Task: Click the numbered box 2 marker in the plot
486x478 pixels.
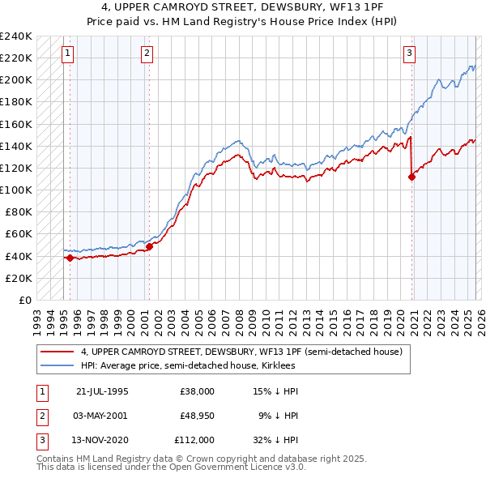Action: pyautogui.click(x=147, y=53)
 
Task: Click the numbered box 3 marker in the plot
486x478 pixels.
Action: pyautogui.click(x=409, y=53)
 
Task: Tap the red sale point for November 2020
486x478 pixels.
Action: pyautogui.click(x=411, y=177)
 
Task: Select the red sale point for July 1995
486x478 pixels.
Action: pyautogui.click(x=70, y=258)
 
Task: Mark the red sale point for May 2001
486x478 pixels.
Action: pyautogui.click(x=149, y=245)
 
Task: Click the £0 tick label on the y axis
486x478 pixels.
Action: pyautogui.click(x=23, y=300)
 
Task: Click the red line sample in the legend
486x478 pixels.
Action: pyautogui.click(x=58, y=352)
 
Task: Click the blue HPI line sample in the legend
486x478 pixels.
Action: pyautogui.click(x=58, y=366)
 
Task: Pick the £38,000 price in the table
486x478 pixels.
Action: pyautogui.click(x=197, y=391)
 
